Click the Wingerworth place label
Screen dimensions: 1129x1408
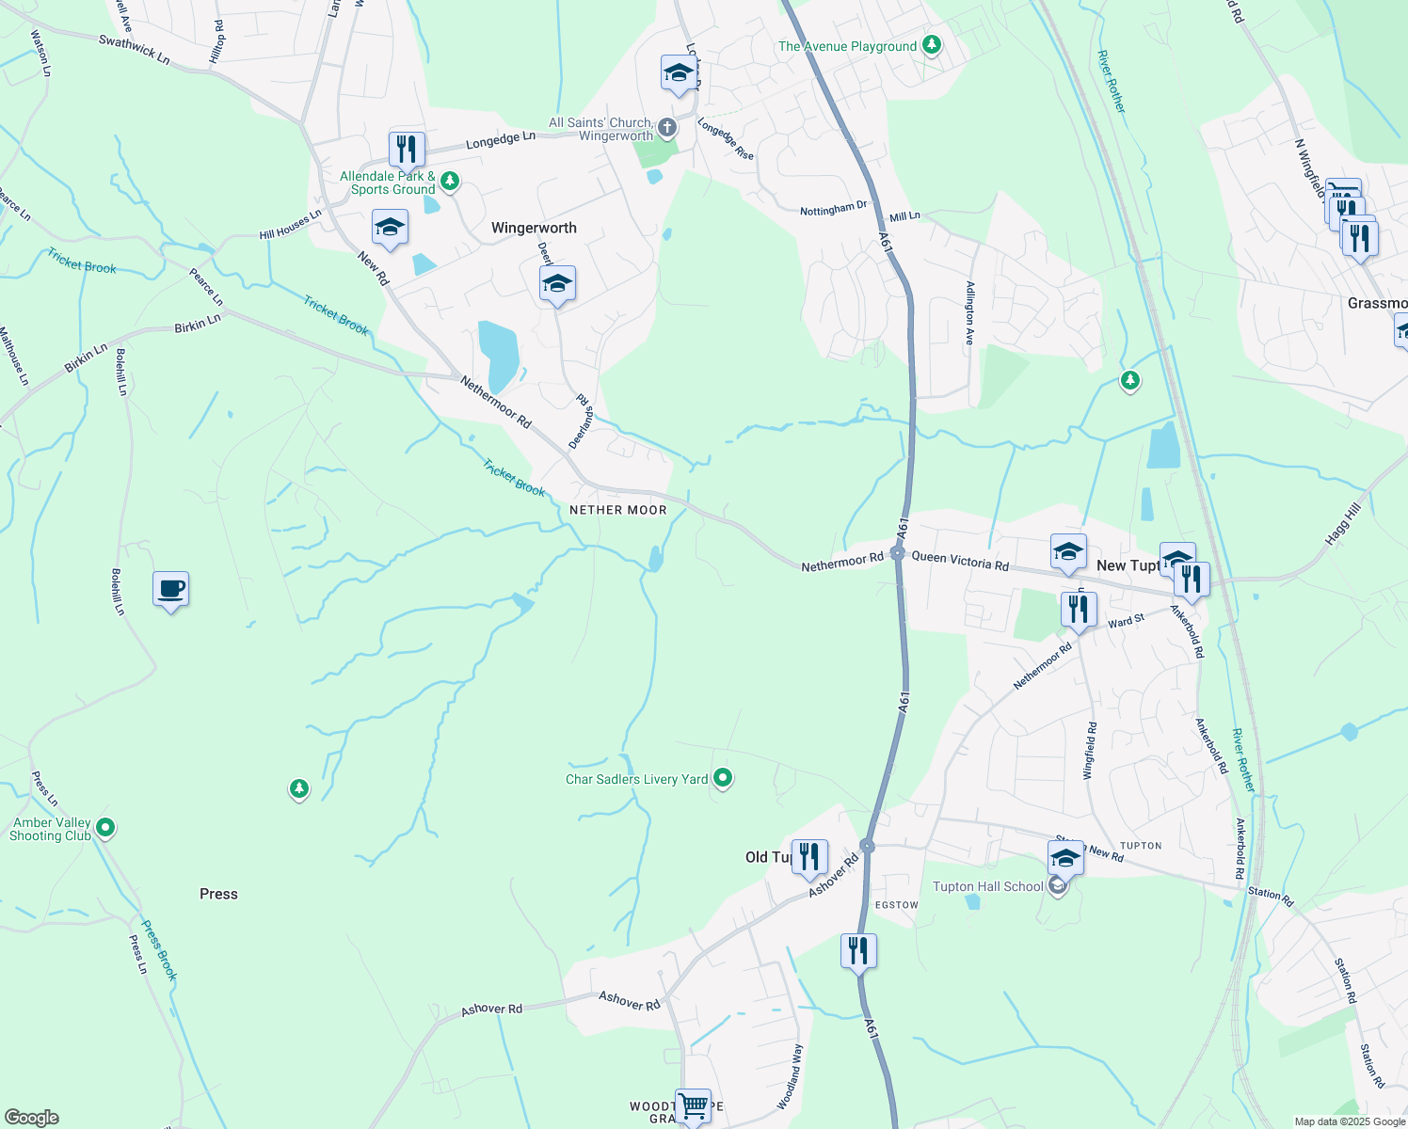534,228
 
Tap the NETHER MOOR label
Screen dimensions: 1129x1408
617,510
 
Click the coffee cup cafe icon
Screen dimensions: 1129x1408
170,590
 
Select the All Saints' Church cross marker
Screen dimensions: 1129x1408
666,127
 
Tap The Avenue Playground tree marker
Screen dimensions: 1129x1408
931,44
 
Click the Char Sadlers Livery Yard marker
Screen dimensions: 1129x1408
723,778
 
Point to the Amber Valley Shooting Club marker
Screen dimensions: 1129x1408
105,828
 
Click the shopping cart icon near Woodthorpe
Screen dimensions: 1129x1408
693,1105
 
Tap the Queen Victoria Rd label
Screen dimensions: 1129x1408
960,561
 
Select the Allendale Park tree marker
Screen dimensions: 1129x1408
450,181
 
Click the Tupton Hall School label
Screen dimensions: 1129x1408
987,886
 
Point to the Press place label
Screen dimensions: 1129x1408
218,894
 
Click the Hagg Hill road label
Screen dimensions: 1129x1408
1343,524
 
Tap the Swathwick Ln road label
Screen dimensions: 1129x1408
135,49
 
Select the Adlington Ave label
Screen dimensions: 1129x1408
968,313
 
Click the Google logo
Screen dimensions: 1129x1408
31,1117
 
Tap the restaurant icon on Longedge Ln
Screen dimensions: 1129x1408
407,150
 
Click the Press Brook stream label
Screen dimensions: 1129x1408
159,950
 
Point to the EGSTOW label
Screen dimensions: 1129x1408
896,905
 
